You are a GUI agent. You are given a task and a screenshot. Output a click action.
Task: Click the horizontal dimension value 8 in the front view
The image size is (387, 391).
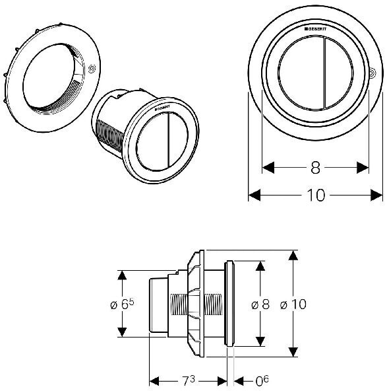(315, 168)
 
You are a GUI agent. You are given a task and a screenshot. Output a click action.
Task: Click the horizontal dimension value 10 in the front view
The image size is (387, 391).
(316, 195)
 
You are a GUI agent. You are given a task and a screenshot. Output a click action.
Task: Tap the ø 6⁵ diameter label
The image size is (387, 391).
(122, 304)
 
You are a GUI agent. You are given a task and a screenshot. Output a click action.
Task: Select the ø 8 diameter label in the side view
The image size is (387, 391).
(260, 304)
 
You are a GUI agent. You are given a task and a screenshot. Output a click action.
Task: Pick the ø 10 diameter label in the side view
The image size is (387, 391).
(293, 304)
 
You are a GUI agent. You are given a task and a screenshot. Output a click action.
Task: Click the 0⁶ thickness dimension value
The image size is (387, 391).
(262, 380)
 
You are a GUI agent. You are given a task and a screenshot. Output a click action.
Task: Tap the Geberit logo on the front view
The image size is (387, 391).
(315, 29)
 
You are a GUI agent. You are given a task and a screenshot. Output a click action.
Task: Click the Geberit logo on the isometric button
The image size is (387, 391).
(162, 108)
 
